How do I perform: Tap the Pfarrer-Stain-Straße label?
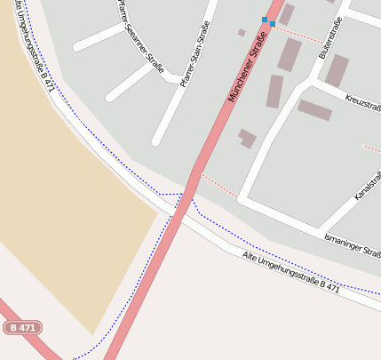(x=198, y=54)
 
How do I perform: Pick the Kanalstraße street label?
(x=368, y=182)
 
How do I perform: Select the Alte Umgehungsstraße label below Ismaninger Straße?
(x=290, y=271)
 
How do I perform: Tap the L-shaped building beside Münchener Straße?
(x=247, y=138)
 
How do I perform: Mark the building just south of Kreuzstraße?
(x=314, y=110)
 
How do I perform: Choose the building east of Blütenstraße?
(x=337, y=70)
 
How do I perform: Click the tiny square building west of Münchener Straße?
(x=242, y=32)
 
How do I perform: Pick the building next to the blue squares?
(x=286, y=13)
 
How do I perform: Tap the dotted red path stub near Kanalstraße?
(x=372, y=148)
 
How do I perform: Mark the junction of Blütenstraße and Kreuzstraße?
(x=311, y=82)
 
